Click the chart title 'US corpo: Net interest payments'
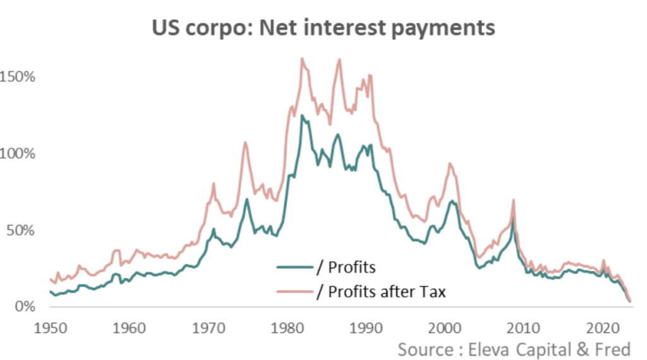[x=323, y=28]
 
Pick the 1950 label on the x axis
[x=49, y=328]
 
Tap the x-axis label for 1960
[x=128, y=328]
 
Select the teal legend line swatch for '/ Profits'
[x=294, y=267]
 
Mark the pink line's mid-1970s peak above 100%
[x=245, y=142]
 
